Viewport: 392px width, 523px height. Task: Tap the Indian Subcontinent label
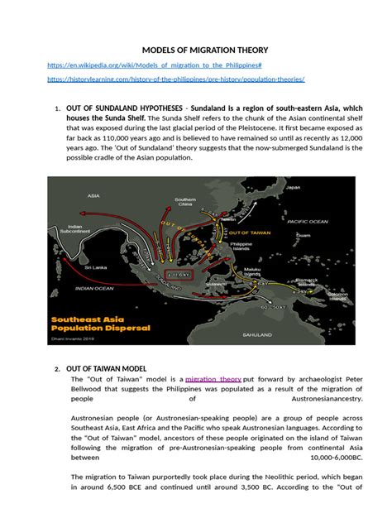pyautogui.click(x=74, y=229)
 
